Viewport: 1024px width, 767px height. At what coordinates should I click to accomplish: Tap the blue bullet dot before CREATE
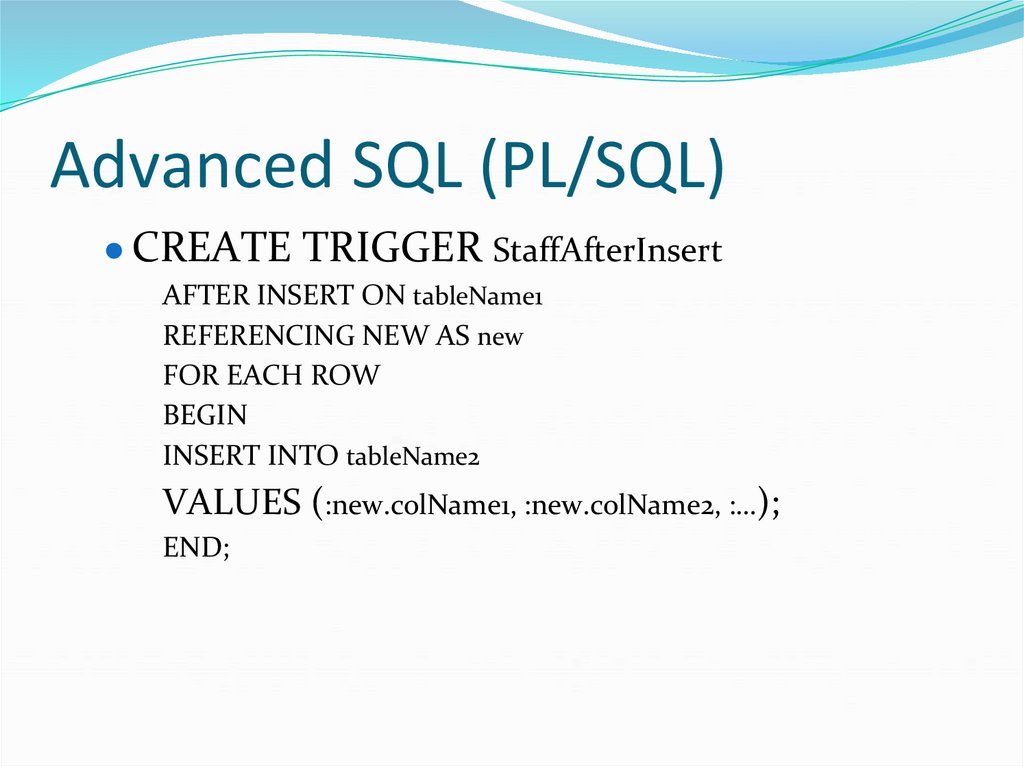pos(115,251)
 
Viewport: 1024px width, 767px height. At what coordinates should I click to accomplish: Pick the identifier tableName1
pos(477,297)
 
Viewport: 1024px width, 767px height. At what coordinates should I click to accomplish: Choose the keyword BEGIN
pos(205,415)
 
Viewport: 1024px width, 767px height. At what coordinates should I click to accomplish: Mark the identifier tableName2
pos(413,457)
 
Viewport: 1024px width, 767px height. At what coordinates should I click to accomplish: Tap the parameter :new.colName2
pos(619,508)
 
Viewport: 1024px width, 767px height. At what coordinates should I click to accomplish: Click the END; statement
pos(196,548)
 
